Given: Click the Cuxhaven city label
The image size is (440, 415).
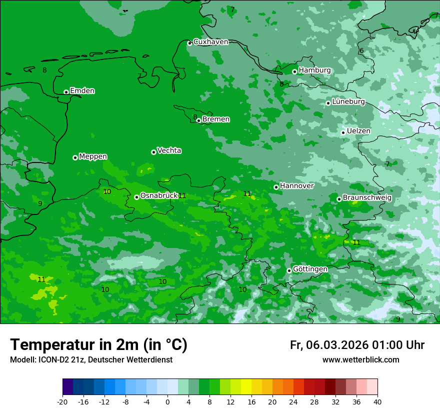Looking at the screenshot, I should pos(210,42).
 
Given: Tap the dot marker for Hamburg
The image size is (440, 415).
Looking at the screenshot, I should pos(295,71).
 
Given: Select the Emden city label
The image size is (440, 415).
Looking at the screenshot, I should pos(82,91).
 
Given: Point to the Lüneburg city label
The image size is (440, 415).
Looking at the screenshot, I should pos(348,101).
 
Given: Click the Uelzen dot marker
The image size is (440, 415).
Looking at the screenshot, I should pos(343,132).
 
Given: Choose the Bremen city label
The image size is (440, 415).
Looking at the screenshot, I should pos(216,119).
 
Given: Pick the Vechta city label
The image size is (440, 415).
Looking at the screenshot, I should pos(169,150).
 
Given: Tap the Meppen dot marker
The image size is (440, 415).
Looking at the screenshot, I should pos(75,157).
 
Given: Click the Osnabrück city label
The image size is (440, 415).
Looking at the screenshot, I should pos(159,196).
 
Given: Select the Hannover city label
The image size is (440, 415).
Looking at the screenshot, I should pos(296,186).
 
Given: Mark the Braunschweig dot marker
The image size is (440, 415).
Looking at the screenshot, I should pos(339,199).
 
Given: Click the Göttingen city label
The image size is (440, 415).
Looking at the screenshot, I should pos(310,269).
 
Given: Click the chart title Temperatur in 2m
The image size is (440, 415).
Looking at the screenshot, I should pos(98,345).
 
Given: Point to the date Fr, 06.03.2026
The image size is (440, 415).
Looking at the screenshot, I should pos(328,345).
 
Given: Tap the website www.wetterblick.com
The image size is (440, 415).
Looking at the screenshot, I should pos(360,360).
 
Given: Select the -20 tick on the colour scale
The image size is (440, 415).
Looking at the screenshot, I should pos(62,401).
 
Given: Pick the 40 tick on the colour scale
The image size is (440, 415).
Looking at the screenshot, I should pos(377,401).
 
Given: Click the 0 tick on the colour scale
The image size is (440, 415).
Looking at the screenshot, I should pos(167,401).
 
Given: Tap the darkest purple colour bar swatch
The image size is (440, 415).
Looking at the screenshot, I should pos(68,387).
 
